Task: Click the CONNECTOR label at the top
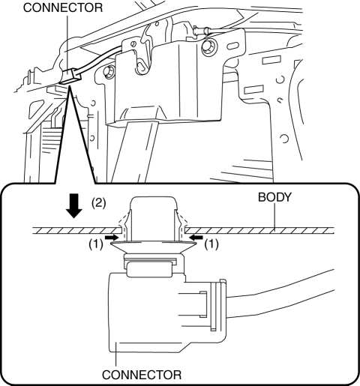pos(63,7)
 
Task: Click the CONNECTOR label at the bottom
pos(142,375)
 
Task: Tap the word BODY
pos(274,197)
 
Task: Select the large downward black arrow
pos(74,206)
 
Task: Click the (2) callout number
pos(98,203)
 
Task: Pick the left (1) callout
pos(96,244)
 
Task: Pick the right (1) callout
pos(211,244)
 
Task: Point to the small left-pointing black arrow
pos(196,236)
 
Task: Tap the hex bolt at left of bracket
pos(108,72)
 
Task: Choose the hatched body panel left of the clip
pos(77,230)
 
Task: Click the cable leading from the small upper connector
pos(101,58)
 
